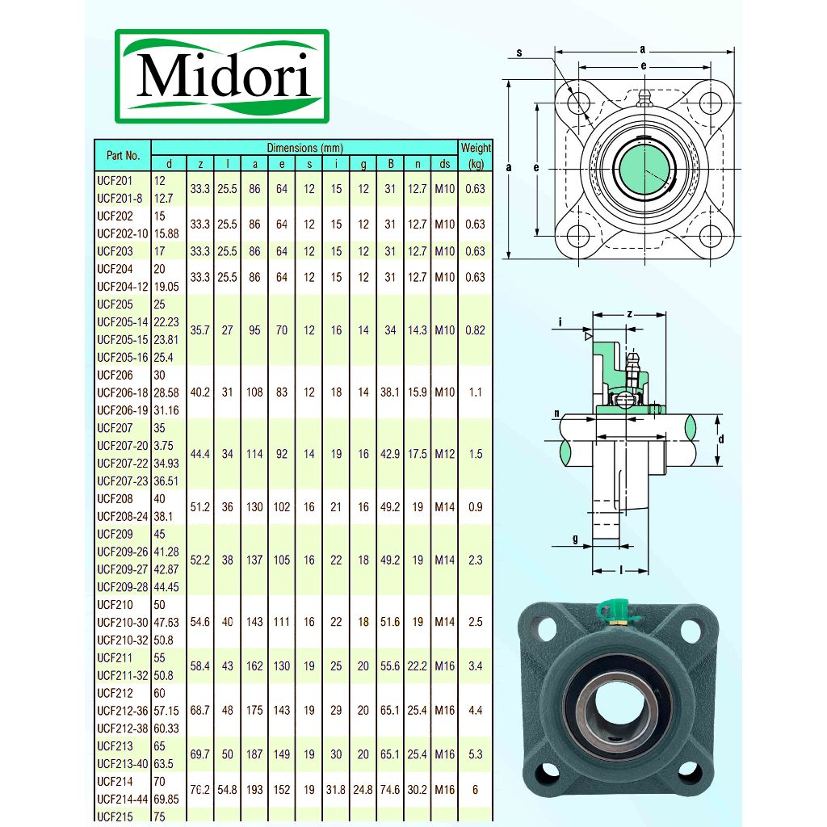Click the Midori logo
[x=221, y=76]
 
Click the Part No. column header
[x=123, y=156]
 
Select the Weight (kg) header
[x=476, y=156]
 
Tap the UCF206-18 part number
[x=123, y=393]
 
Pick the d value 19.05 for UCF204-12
[x=166, y=287]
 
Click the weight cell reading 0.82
[x=475, y=330]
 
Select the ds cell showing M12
[x=445, y=454]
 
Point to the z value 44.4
[x=200, y=454]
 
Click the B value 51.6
[x=390, y=623]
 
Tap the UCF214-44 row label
[x=123, y=800]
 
